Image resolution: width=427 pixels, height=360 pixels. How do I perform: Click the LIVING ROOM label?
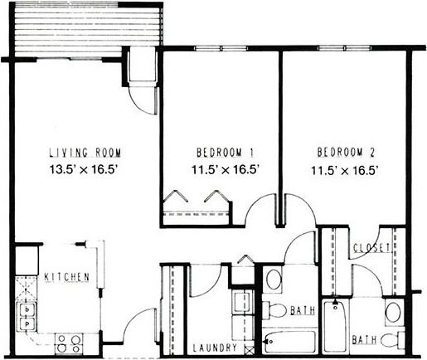pos(85,153)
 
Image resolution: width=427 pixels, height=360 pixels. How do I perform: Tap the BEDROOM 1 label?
pos(225,153)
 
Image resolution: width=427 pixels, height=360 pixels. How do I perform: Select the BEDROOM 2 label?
pos(347,153)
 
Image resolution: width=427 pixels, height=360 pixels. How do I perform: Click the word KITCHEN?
pos(67,276)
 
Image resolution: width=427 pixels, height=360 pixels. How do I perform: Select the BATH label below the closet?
pos(363,339)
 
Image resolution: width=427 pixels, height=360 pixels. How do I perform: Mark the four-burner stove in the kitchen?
pos(67,339)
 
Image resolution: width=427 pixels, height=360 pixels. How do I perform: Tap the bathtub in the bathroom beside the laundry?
pos(290,340)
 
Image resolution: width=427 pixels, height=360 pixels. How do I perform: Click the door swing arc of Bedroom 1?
pos(260,207)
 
